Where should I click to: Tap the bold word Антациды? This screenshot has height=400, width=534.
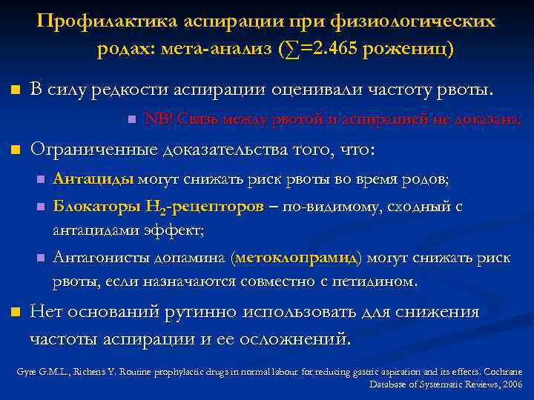click(93, 179)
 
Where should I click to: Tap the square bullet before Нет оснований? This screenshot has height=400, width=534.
click(13, 313)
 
